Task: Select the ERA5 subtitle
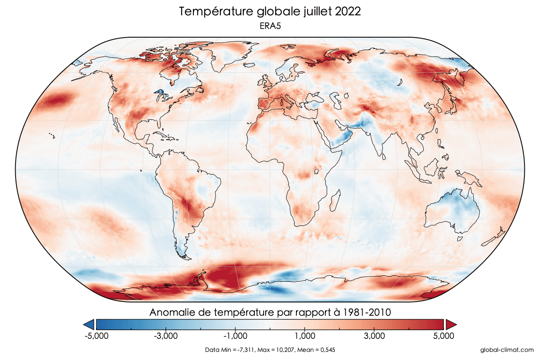point(270,26)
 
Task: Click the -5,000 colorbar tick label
point(96,336)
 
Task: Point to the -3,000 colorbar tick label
point(165,336)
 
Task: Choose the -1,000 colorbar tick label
point(235,336)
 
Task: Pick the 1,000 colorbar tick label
point(305,336)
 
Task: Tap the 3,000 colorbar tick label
point(375,336)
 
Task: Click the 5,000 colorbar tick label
point(444,336)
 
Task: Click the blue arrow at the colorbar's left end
point(89,324)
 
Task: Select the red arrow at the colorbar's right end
point(451,324)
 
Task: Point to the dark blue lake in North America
point(160,92)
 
